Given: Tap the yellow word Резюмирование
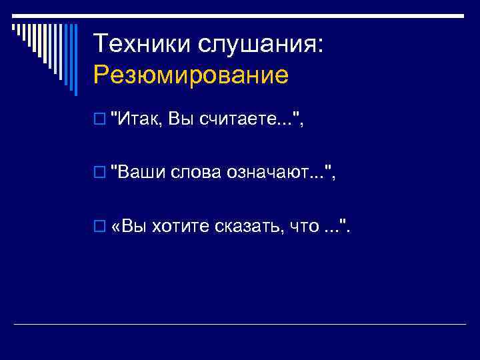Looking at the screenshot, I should pyautogui.click(x=191, y=75).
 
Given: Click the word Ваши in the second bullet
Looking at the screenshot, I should pyautogui.click(x=142, y=174).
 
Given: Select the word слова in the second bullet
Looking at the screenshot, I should pyautogui.click(x=197, y=174).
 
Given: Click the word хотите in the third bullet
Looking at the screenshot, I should pyautogui.click(x=181, y=227).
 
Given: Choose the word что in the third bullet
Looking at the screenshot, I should pyautogui.click(x=303, y=227).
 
